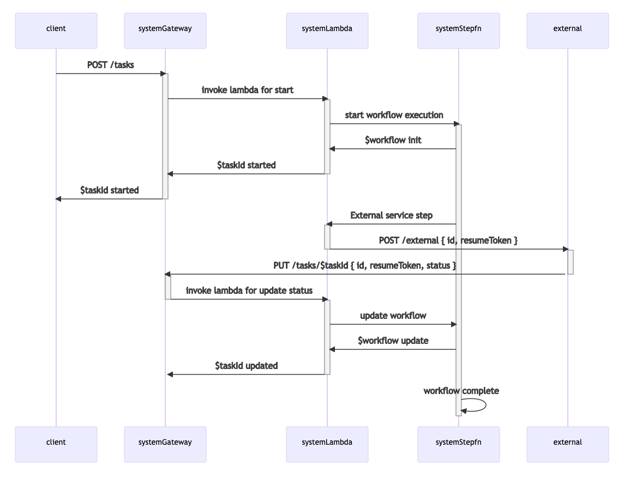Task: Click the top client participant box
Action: pyautogui.click(x=56, y=28)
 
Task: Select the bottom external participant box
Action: pyautogui.click(x=567, y=442)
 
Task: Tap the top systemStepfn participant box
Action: pyautogui.click(x=458, y=28)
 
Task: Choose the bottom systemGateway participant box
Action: pyautogui.click(x=165, y=442)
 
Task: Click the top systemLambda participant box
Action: pyautogui.click(x=327, y=28)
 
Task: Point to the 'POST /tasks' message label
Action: pyautogui.click(x=111, y=65)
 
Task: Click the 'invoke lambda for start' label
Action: pyautogui.click(x=247, y=90)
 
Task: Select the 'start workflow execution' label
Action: pyautogui.click(x=394, y=115)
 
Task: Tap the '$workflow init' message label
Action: pyautogui.click(x=393, y=140)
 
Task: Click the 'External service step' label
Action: pyautogui.click(x=392, y=215)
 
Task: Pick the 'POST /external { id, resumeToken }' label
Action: pyautogui.click(x=448, y=240)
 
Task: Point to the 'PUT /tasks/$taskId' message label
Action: pyautogui.click(x=364, y=265)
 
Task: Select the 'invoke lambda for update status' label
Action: pyautogui.click(x=249, y=291)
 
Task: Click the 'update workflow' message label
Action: pyautogui.click(x=393, y=316)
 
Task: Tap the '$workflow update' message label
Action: pyautogui.click(x=393, y=341)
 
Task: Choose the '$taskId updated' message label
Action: pyautogui.click(x=246, y=366)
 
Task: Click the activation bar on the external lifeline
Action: pyautogui.click(x=571, y=262)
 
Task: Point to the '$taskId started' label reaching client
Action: pyautogui.click(x=109, y=190)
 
